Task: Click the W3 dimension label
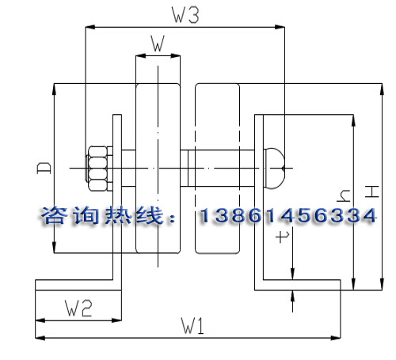(185, 15)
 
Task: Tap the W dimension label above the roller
(158, 44)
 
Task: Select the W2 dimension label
(78, 309)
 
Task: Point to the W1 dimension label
(192, 326)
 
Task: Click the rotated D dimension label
(44, 168)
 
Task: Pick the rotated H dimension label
(372, 191)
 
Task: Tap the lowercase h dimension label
(344, 195)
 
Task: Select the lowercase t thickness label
(282, 237)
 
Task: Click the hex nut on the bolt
(97, 169)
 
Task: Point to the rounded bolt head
(275, 169)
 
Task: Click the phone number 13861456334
(287, 215)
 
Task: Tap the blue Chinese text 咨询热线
(101, 215)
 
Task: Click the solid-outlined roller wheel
(158, 169)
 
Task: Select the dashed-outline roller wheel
(217, 169)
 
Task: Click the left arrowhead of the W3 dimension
(90, 27)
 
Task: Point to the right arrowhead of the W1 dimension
(336, 337)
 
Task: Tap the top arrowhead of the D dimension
(54, 89)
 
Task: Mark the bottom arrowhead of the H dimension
(382, 285)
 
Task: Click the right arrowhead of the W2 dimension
(116, 320)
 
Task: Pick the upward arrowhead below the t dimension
(292, 295)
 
